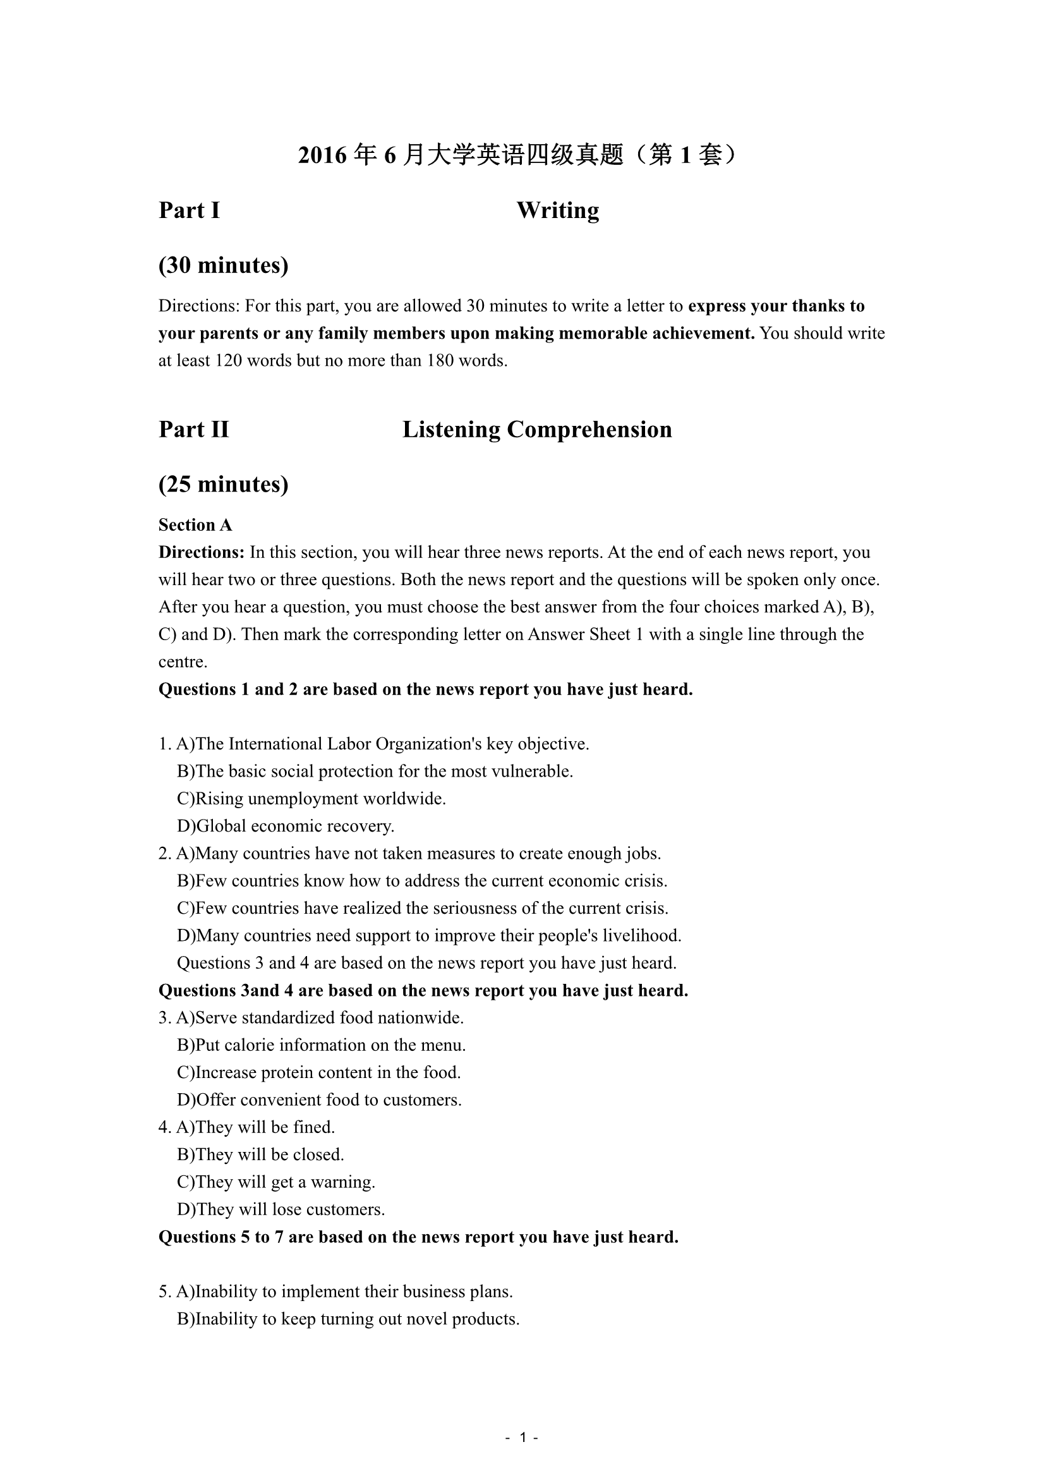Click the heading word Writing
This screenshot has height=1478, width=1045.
pyautogui.click(x=557, y=210)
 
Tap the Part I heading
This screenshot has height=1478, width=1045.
pyautogui.click(x=189, y=210)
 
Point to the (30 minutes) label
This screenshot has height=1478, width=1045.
pyautogui.click(x=223, y=265)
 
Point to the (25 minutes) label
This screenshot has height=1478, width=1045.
pyautogui.click(x=223, y=484)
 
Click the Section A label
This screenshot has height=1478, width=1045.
pyautogui.click(x=195, y=525)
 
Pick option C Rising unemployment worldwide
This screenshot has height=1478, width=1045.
pyautogui.click(x=311, y=799)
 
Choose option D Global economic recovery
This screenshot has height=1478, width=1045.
pyautogui.click(x=286, y=826)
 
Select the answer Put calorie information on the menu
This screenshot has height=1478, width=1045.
pyautogui.click(x=322, y=1045)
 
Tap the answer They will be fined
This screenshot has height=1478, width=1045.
pyautogui.click(x=255, y=1127)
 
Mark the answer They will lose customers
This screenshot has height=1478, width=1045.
pyautogui.click(x=281, y=1209)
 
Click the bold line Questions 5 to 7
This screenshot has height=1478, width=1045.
pyautogui.click(x=418, y=1237)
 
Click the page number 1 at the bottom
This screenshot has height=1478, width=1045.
pyautogui.click(x=522, y=1438)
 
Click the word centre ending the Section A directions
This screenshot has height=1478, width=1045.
pyautogui.click(x=183, y=662)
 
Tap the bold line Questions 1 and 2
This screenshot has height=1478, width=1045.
pyautogui.click(x=425, y=689)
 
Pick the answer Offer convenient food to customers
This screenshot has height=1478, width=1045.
pyautogui.click(x=320, y=1100)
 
